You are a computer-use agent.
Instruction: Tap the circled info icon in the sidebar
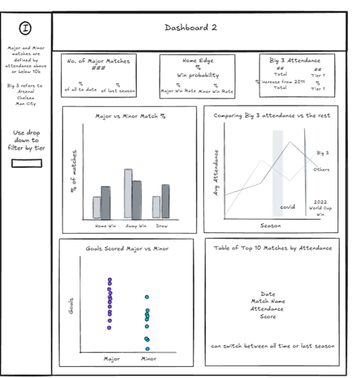click(26, 28)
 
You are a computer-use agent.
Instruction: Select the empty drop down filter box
click(26, 163)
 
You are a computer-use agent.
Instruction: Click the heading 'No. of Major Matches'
click(99, 60)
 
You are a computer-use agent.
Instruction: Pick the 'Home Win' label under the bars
click(101, 226)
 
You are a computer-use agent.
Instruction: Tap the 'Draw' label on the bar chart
click(161, 226)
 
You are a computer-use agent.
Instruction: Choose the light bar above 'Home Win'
click(96, 207)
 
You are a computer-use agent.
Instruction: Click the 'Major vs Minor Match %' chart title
click(130, 116)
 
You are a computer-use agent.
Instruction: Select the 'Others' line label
click(322, 169)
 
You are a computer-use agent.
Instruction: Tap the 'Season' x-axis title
click(271, 225)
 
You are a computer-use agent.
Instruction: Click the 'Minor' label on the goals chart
click(148, 358)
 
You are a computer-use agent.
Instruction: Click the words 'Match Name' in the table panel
click(267, 301)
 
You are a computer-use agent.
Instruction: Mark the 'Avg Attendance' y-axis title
click(217, 172)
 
